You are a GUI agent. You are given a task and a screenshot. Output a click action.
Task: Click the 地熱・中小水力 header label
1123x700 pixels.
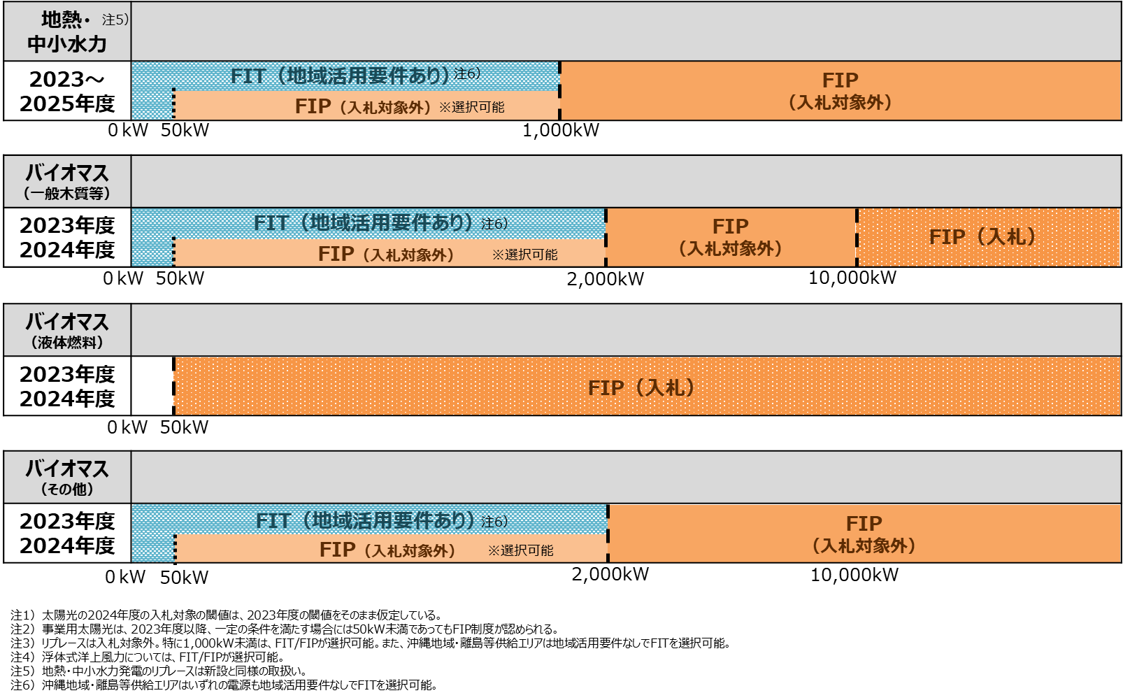click(66, 31)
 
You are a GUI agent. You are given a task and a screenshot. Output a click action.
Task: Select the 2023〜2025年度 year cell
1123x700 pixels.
click(67, 92)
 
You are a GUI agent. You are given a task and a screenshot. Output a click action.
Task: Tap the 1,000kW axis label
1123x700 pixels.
click(561, 130)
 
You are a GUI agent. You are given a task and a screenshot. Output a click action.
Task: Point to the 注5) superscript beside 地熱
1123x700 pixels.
click(115, 20)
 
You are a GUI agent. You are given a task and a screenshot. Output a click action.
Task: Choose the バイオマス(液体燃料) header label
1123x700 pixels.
click(67, 330)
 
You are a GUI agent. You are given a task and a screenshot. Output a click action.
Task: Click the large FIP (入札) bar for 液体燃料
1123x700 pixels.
click(648, 386)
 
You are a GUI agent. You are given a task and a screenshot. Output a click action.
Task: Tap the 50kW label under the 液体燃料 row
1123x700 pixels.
click(184, 427)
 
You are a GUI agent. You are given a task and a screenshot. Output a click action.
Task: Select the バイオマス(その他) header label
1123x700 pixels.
click(67, 477)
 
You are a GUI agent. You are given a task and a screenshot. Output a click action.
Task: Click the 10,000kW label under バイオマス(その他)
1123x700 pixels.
click(854, 575)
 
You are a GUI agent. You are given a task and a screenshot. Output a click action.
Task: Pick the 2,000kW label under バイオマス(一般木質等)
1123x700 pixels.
click(605, 279)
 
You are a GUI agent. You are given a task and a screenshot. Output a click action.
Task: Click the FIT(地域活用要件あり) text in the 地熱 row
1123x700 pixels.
click(340, 76)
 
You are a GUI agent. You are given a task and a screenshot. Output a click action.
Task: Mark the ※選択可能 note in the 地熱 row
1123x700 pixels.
click(472, 107)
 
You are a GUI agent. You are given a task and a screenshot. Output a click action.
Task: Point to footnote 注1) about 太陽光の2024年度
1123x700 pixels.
click(226, 615)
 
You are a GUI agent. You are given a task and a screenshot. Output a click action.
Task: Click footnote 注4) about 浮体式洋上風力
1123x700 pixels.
click(148, 657)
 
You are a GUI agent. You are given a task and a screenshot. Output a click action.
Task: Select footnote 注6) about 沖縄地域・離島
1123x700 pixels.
click(224, 685)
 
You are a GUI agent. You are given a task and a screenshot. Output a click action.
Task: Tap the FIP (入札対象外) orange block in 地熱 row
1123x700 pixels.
click(841, 91)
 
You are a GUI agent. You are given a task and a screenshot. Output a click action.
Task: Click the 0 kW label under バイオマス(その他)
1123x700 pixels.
click(125, 577)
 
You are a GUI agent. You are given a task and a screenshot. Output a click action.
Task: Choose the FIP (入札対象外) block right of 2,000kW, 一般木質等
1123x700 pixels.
click(731, 237)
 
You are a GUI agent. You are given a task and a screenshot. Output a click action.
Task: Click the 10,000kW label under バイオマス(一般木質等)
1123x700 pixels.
click(852, 278)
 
